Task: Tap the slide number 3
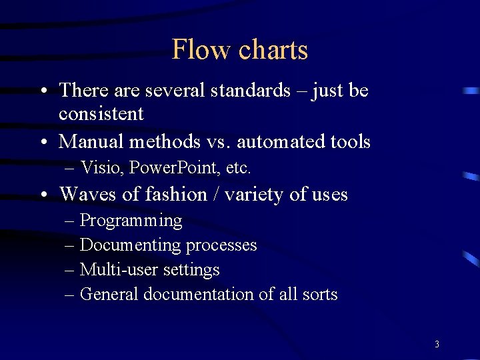click(x=437, y=344)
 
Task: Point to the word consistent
click(x=101, y=114)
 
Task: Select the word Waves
click(x=86, y=194)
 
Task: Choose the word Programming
click(x=131, y=221)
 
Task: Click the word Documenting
click(x=130, y=245)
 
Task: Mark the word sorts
click(x=320, y=295)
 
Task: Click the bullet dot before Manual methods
click(x=43, y=142)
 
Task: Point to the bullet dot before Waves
click(x=43, y=195)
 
